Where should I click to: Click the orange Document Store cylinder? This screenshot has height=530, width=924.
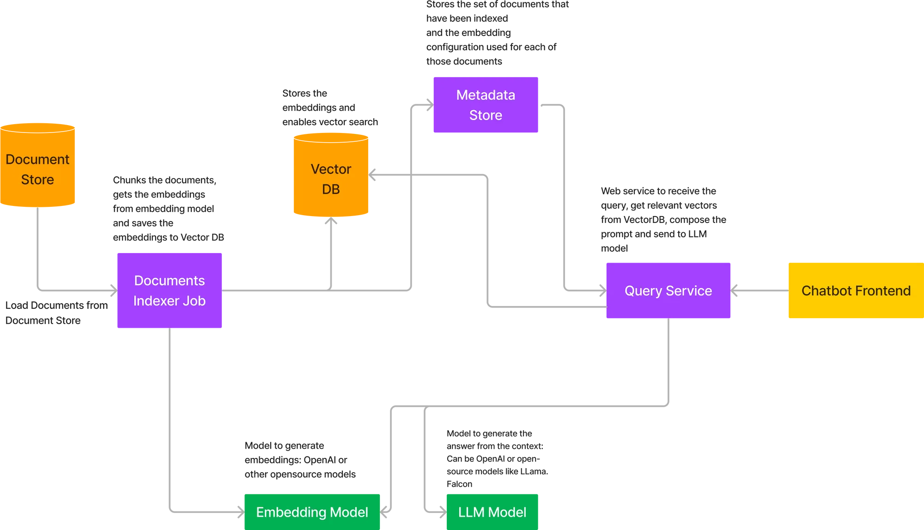coord(38,166)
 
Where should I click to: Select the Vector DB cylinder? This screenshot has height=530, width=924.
coord(331,175)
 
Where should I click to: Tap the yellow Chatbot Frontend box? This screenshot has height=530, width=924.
coord(856,290)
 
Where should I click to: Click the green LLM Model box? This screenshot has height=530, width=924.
coord(492,512)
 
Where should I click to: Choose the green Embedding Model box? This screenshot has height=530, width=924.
coord(312,512)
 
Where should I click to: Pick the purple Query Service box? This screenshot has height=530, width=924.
coord(668,290)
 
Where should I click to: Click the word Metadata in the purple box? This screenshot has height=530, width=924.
coord(485,95)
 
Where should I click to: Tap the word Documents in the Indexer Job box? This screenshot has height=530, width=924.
coord(169,281)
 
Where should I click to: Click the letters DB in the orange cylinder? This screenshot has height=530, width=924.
coord(331,189)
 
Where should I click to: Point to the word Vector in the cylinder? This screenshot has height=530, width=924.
coord(331,169)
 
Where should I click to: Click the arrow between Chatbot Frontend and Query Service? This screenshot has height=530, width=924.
coord(760,291)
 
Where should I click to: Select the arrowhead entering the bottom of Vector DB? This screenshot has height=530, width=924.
coord(331,222)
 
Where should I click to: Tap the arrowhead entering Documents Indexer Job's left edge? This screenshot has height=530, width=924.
coord(112,290)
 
